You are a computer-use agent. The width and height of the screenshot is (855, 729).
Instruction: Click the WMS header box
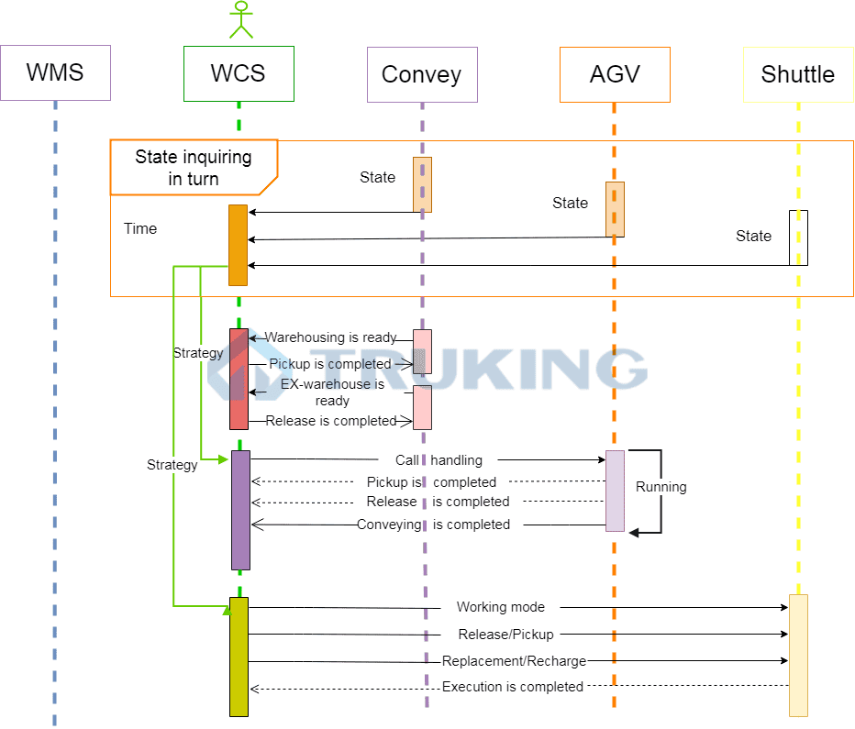pos(55,73)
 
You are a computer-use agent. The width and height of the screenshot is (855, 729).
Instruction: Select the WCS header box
pos(239,73)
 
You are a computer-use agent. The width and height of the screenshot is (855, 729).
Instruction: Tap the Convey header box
pos(422,74)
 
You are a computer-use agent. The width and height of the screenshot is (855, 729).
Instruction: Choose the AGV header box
pos(615,74)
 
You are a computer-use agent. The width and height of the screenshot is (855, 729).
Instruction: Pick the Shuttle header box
pos(797,74)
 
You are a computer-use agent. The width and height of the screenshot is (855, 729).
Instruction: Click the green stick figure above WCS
pos(240,20)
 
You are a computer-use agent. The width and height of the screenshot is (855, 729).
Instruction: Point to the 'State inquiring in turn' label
pos(194,167)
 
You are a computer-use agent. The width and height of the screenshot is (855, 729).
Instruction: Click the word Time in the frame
pos(140,228)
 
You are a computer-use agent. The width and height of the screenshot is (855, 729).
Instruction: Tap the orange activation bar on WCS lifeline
pos(238,245)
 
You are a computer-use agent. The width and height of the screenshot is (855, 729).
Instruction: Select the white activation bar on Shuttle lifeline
pos(798,237)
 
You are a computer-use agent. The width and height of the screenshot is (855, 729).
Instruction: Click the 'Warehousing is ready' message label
pos(330,337)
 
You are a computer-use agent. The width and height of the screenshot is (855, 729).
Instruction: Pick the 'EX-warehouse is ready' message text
pos(332,392)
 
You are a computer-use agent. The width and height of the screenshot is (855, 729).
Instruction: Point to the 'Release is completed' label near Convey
pos(331,421)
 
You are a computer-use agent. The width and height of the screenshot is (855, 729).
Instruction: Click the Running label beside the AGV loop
pos(661,487)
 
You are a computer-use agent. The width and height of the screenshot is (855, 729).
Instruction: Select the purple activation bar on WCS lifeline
pos(240,509)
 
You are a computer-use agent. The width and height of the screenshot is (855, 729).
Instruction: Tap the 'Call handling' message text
pos(439,460)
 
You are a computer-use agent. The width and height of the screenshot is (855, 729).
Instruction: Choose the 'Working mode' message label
pos(500,607)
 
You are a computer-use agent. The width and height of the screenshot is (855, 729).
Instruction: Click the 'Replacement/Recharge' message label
pos(514,661)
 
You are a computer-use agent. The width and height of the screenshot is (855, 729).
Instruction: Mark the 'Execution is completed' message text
pos(513,687)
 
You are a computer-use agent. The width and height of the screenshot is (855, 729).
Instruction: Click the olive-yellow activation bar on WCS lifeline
pos(239,657)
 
